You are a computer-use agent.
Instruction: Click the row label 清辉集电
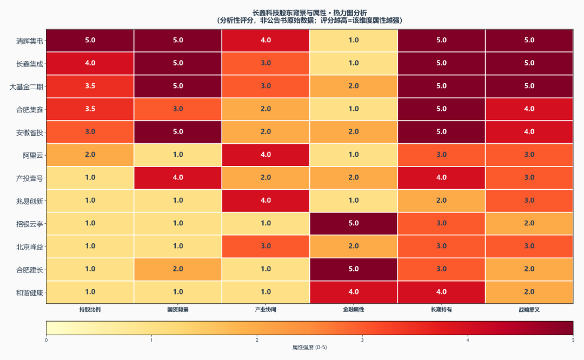click(x=29, y=41)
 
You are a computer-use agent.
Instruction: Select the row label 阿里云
click(x=33, y=155)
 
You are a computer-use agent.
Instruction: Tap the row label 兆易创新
click(x=29, y=201)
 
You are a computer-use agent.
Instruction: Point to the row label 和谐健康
click(x=29, y=292)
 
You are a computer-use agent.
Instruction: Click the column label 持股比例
click(x=90, y=309)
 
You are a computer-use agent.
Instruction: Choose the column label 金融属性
click(x=354, y=309)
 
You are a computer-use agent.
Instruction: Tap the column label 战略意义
click(x=529, y=309)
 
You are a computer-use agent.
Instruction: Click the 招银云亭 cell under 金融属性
click(x=354, y=223)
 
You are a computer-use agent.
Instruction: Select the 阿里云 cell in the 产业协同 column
click(x=266, y=155)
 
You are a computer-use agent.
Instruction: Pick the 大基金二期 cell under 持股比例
click(x=90, y=86)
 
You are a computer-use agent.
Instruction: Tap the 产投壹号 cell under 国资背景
click(x=178, y=178)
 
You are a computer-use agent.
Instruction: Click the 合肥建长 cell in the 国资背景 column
click(x=178, y=269)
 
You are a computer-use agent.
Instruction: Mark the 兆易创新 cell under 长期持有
click(x=441, y=201)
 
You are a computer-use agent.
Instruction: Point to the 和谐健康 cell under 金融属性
click(x=354, y=292)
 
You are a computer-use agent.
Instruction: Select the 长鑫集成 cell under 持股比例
click(x=90, y=63)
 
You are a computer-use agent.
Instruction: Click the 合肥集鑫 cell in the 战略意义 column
click(x=529, y=109)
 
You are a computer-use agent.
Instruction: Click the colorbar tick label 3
click(x=362, y=340)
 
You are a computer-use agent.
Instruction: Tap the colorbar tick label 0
click(x=46, y=340)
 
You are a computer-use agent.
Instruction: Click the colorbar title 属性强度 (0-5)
click(x=309, y=348)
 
